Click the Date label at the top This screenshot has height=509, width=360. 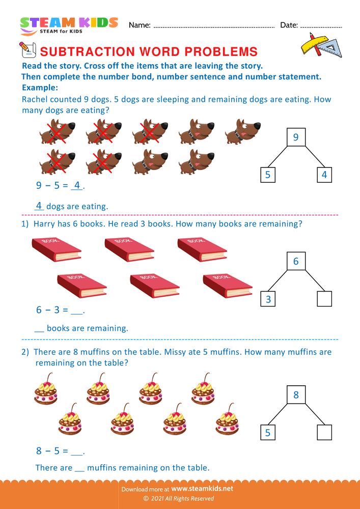(289, 25)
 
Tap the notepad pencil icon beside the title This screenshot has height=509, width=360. (26, 50)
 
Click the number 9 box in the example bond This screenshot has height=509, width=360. (296, 137)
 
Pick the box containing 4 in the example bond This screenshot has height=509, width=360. (324, 175)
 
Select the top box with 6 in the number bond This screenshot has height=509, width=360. (296, 262)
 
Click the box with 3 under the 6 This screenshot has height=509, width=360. (268, 299)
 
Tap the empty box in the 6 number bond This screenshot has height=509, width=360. (324, 299)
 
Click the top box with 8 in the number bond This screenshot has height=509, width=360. (296, 394)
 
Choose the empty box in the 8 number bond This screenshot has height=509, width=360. (324, 433)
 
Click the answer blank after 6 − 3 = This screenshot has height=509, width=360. (77, 310)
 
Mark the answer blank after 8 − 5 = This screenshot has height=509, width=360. (77, 451)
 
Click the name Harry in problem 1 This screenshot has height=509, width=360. (44, 223)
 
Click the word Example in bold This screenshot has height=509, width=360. (40, 88)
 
